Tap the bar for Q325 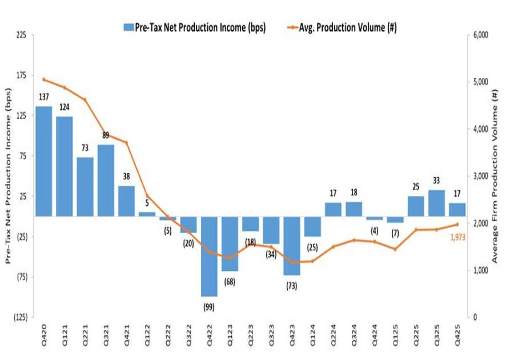pos(436,203)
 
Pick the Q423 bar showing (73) pos(291,246)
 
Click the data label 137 pos(44,97)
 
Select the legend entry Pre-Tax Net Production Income pos(194,27)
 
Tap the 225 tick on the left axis pos(21,35)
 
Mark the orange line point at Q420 pos(44,79)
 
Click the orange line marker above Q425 pos(457,224)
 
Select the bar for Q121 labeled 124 pos(65,166)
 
